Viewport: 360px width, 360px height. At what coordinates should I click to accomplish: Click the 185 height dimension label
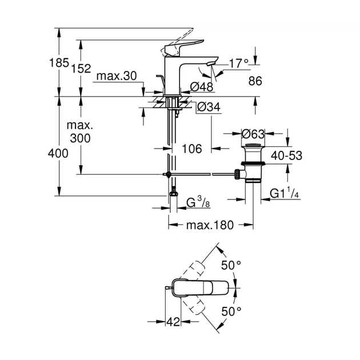(59, 62)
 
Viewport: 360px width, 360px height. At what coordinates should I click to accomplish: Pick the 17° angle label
(238, 63)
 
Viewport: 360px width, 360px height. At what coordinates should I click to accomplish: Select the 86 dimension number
(255, 82)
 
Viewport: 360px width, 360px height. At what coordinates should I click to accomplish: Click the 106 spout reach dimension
(192, 149)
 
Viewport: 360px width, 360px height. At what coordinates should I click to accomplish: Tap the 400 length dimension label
(58, 153)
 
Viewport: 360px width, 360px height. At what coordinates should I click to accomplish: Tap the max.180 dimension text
(210, 225)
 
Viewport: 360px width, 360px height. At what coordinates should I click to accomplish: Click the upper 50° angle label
(231, 266)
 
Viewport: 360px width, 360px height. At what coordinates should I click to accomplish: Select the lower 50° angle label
(231, 311)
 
